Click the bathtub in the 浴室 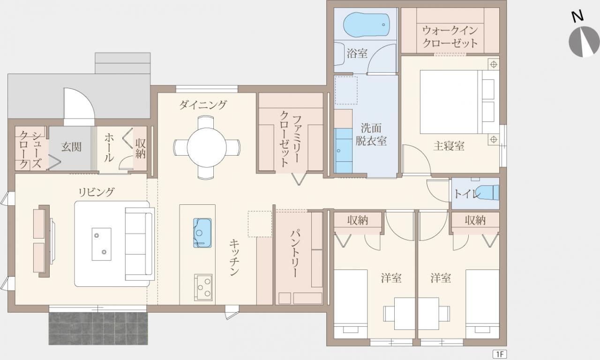click(x=367, y=24)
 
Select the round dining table click(x=207, y=147)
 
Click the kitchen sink click(x=202, y=233)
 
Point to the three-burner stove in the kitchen click(x=203, y=287)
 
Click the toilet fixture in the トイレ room click(x=488, y=192)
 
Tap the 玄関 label click(x=71, y=147)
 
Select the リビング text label click(x=97, y=192)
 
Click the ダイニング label click(x=203, y=105)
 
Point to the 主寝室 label click(x=449, y=146)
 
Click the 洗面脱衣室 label click(x=371, y=135)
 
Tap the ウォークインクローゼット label click(x=450, y=37)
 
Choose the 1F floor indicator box click(x=500, y=354)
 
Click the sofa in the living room click(x=140, y=244)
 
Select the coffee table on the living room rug click(x=102, y=244)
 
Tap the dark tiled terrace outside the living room click(x=98, y=329)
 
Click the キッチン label click(x=234, y=257)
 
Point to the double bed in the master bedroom click(x=460, y=102)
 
